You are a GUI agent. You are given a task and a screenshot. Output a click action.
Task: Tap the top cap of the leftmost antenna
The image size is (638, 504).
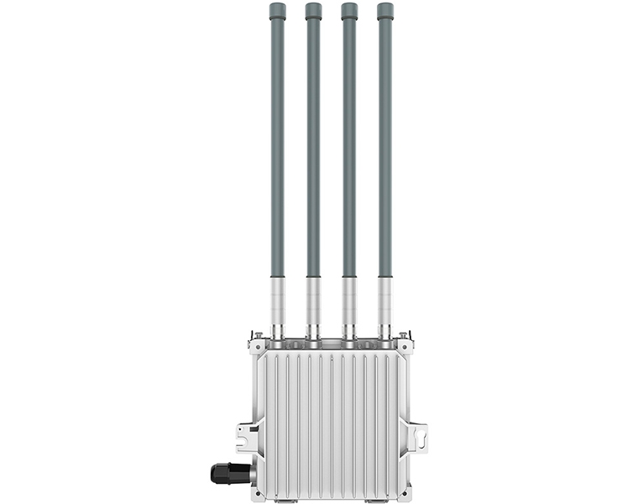pyautogui.click(x=277, y=11)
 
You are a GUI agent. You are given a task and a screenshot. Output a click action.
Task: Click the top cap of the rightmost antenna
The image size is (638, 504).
pyautogui.click(x=385, y=11)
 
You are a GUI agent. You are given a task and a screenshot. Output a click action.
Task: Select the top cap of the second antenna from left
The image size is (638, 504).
pyautogui.click(x=313, y=11)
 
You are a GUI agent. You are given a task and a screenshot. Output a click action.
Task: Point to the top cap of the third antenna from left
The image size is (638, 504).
pyautogui.click(x=349, y=11)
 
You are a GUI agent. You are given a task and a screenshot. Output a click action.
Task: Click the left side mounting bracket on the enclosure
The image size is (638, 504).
pyautogui.click(x=245, y=438)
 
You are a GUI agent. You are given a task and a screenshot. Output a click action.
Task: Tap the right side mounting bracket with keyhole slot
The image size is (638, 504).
pyautogui.click(x=417, y=438)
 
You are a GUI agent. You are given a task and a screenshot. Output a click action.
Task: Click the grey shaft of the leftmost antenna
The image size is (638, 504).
pyautogui.click(x=277, y=151)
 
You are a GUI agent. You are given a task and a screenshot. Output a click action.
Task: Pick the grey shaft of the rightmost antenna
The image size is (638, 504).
pyautogui.click(x=385, y=151)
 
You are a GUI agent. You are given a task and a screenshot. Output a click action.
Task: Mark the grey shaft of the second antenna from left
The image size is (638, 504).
pyautogui.click(x=313, y=151)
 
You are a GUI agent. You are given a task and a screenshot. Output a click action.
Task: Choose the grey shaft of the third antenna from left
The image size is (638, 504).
pyautogui.click(x=349, y=151)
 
